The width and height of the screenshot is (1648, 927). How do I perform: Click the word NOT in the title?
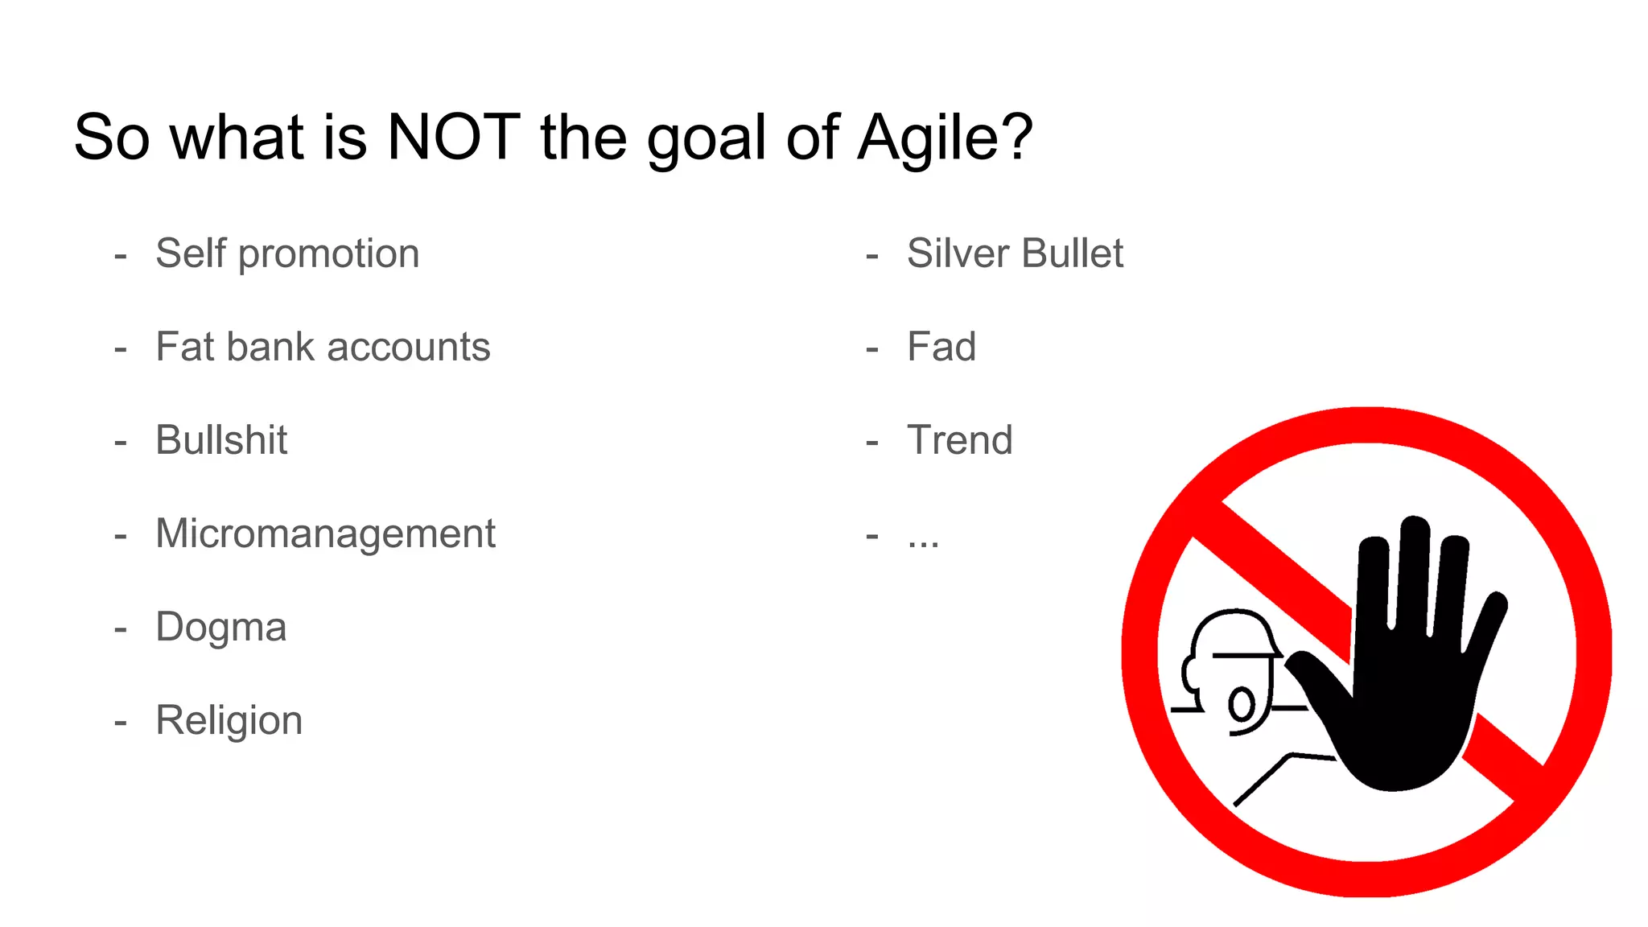coord(453,138)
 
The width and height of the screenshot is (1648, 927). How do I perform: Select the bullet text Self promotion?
coord(287,254)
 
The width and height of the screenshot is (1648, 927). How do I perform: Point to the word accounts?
coord(408,348)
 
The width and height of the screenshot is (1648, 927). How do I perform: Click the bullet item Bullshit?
coord(221,440)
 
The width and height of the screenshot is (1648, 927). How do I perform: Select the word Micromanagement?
coord(325,534)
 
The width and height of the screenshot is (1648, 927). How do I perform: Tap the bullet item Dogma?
coord(221,628)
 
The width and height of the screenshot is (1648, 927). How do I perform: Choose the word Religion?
coord(229,721)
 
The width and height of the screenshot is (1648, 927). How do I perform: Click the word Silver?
coord(958,253)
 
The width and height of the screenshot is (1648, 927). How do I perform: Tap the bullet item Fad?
coord(941,347)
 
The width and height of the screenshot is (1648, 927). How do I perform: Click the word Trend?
coord(959,440)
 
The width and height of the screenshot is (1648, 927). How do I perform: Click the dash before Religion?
coord(121,723)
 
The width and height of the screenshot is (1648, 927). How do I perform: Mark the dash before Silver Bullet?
coord(872,257)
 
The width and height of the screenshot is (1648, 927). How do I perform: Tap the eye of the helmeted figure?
coord(1242,705)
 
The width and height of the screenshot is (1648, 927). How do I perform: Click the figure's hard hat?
coord(1235,632)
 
